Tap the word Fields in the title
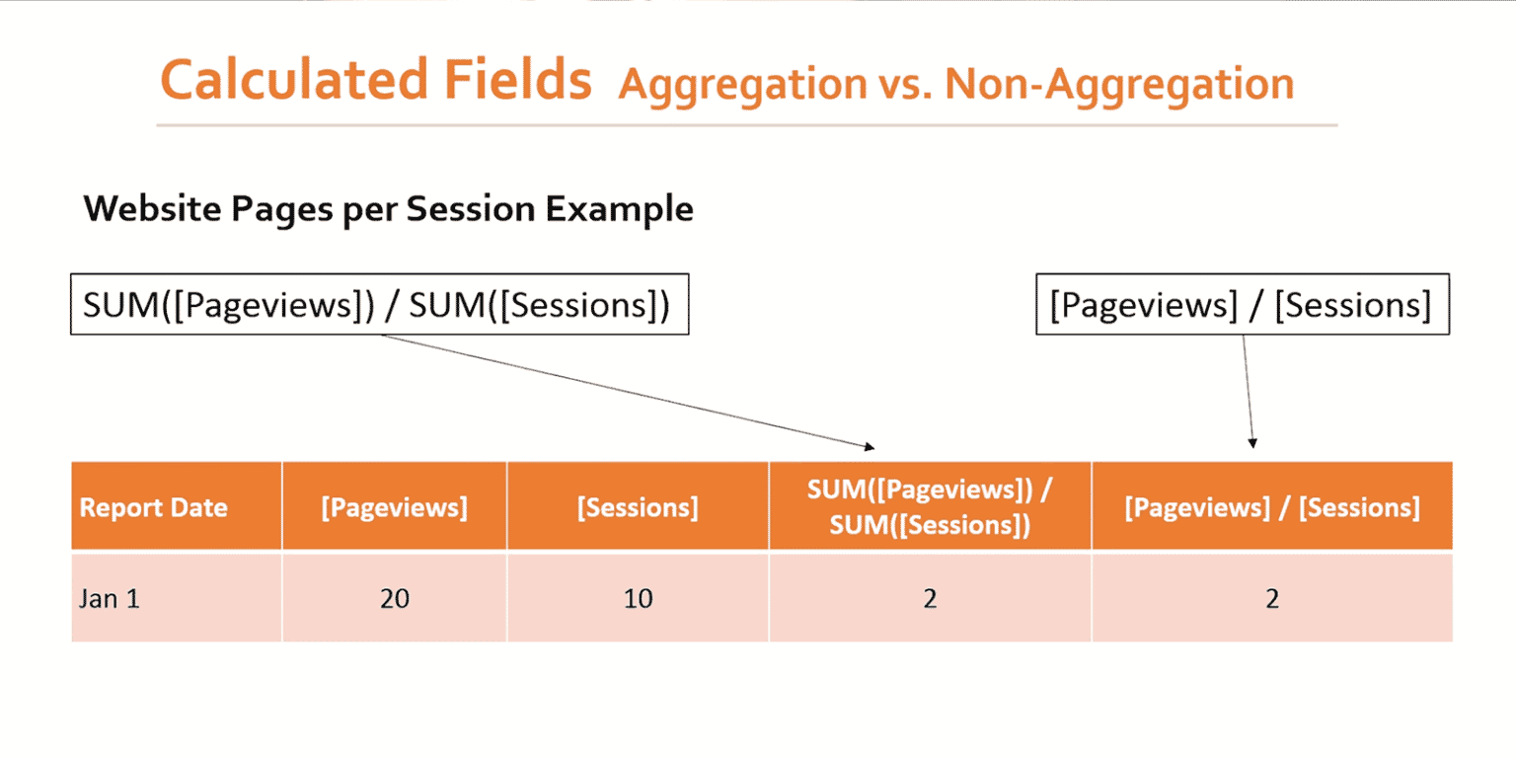tap(533, 81)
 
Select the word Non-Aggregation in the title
tap(1118, 85)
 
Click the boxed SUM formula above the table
tap(378, 306)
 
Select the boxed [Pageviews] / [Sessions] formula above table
tap(1242, 306)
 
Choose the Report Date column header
tap(153, 508)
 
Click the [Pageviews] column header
tap(394, 508)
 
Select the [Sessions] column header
tap(638, 508)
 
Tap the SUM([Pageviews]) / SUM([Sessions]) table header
tap(930, 508)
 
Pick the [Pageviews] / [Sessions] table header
tap(1271, 508)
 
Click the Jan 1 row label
tap(110, 599)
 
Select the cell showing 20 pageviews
tap(394, 599)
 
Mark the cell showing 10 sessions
tap(638, 599)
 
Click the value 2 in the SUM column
tap(930, 599)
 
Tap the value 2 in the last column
tap(1271, 599)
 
